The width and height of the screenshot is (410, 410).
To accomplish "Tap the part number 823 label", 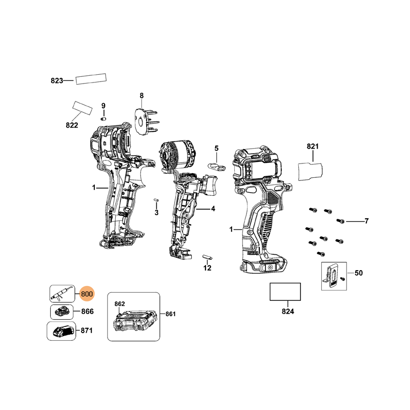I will coord(56,80).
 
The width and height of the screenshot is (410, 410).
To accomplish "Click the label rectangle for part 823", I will coord(91,79).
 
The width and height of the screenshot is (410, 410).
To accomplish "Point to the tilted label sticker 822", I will coord(82,108).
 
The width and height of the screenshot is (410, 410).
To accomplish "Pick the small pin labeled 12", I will coord(208,256).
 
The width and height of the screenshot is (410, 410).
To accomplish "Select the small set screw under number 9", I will coord(103,118).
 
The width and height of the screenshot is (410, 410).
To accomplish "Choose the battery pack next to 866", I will coord(62,311).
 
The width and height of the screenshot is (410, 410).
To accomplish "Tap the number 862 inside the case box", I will coord(119,304).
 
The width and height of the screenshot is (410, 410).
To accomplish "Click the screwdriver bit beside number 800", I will coord(62,294).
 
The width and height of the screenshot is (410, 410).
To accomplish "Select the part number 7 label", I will coord(366,221).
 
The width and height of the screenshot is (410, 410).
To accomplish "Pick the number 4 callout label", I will coord(213,209).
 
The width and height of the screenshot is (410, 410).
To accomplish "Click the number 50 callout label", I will coord(358,273).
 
